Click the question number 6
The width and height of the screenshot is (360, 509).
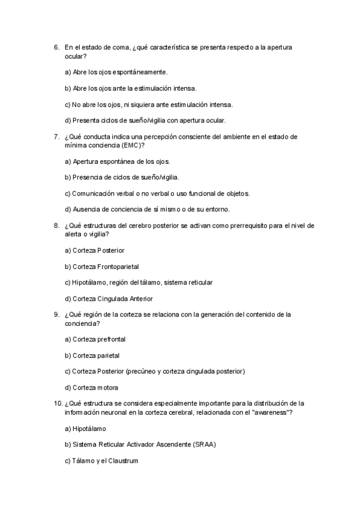(x=56, y=47)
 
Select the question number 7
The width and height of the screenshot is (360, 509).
(x=56, y=136)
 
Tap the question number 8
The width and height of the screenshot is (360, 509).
(x=56, y=226)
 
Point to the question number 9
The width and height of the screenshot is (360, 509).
(x=56, y=315)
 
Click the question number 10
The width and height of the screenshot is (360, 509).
(x=58, y=404)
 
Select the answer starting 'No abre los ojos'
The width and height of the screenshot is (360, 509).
(x=148, y=104)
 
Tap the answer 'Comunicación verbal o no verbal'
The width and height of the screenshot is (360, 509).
(x=157, y=193)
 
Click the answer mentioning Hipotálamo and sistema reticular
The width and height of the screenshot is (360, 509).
(x=138, y=282)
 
